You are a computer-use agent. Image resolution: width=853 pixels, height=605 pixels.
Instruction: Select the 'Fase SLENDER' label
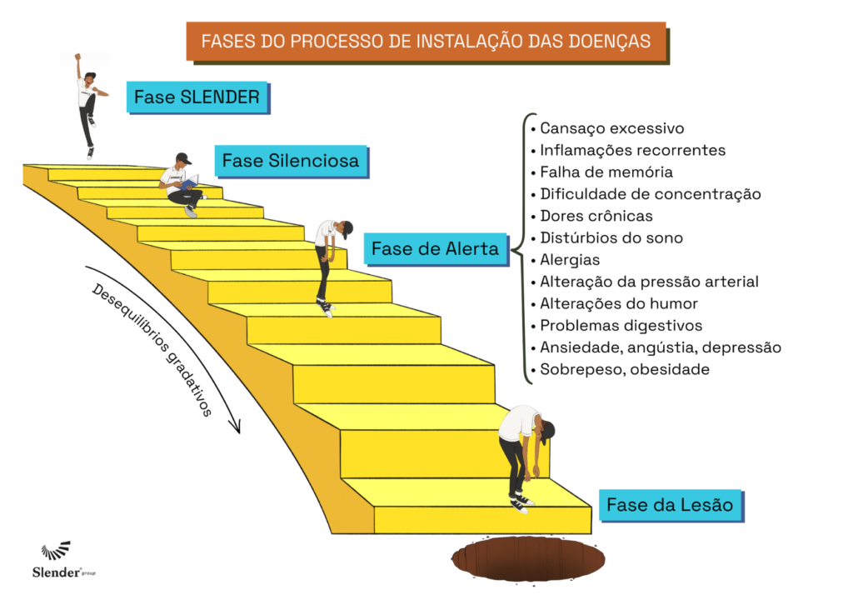[197, 97]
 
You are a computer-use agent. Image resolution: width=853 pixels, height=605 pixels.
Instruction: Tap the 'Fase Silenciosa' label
[291, 160]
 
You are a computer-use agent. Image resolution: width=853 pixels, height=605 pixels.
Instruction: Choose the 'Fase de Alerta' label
[435, 248]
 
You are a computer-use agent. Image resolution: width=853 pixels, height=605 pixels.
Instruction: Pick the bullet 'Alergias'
[570, 260]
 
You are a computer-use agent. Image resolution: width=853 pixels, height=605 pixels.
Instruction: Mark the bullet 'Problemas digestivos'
[621, 325]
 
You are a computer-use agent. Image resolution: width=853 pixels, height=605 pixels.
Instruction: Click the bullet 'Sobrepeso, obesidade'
[625, 369]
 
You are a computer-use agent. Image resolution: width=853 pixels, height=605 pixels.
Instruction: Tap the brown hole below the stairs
[531, 558]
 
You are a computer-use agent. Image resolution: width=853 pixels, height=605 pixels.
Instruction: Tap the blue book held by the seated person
[190, 183]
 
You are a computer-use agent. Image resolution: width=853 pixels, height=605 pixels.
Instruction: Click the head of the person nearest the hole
[546, 431]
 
